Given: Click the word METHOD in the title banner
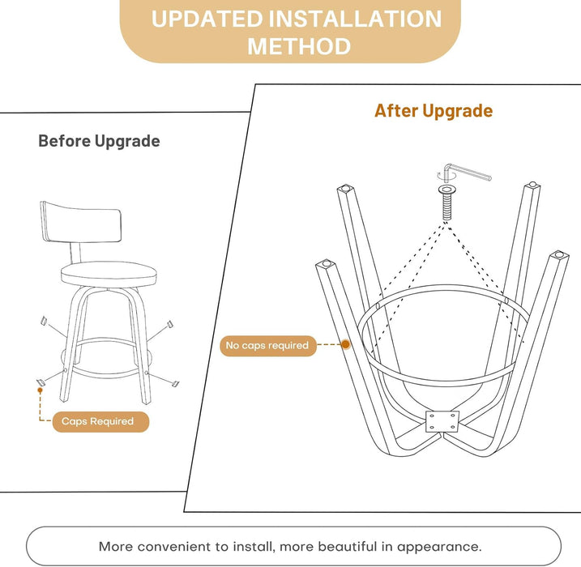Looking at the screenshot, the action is pyautogui.click(x=299, y=46).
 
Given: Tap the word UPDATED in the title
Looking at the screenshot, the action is pyautogui.click(x=207, y=19).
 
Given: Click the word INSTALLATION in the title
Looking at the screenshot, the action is pyautogui.click(x=355, y=19).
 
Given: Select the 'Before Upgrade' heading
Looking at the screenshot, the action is pyautogui.click(x=100, y=141).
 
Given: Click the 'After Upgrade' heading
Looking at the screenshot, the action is pyautogui.click(x=434, y=111).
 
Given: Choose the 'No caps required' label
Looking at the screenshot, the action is pyautogui.click(x=268, y=346).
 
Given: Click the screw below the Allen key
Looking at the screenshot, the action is pyautogui.click(x=447, y=202).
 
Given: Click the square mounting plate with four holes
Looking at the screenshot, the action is pyautogui.click(x=442, y=421).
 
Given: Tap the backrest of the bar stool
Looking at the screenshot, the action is pyautogui.click(x=81, y=222).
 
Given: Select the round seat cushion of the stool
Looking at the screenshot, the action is pyautogui.click(x=109, y=274).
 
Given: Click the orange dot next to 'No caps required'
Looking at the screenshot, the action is pyautogui.click(x=345, y=345).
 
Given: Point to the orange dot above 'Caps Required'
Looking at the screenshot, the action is pyautogui.click(x=40, y=390).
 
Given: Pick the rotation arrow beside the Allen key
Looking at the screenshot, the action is pyautogui.click(x=441, y=177).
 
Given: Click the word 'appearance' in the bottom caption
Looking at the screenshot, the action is pyautogui.click(x=439, y=547).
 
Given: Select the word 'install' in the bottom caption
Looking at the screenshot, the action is pyautogui.click(x=254, y=547).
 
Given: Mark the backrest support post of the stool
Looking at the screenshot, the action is pyautogui.click(x=75, y=253).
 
